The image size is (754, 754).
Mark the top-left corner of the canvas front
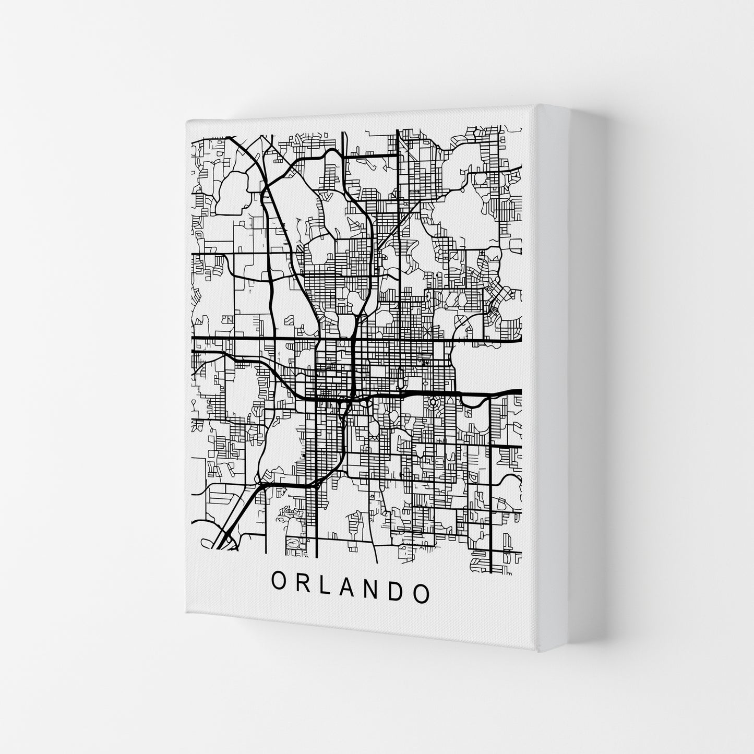[x=186, y=121]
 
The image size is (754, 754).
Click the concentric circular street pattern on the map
[x=433, y=403]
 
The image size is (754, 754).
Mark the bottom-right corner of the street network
[x=521, y=573]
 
